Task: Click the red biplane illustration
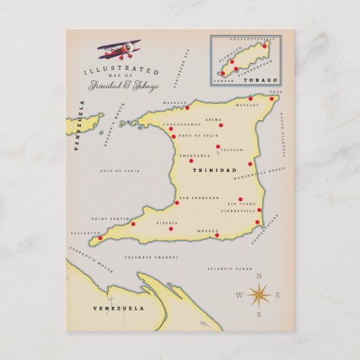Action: click(120, 49)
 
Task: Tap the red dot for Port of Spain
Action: click(174, 137)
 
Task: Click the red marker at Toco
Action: click(273, 98)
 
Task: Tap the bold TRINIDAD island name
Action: click(215, 170)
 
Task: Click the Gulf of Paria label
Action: click(115, 171)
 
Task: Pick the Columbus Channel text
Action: click(151, 258)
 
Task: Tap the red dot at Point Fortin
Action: click(133, 223)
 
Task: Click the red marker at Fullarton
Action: click(101, 238)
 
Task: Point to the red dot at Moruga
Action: click(217, 236)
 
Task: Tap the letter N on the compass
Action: click(259, 276)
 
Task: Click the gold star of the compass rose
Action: click(259, 295)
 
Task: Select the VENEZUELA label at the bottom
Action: click(119, 308)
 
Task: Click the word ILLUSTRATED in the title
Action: click(122, 71)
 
